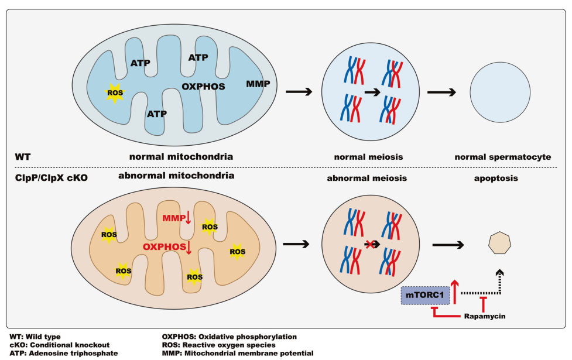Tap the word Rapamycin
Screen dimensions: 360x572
click(484, 317)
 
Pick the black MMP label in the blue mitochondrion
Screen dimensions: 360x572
click(258, 84)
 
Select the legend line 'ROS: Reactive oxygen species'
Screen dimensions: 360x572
click(217, 345)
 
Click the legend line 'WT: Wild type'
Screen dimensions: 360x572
click(35, 337)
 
